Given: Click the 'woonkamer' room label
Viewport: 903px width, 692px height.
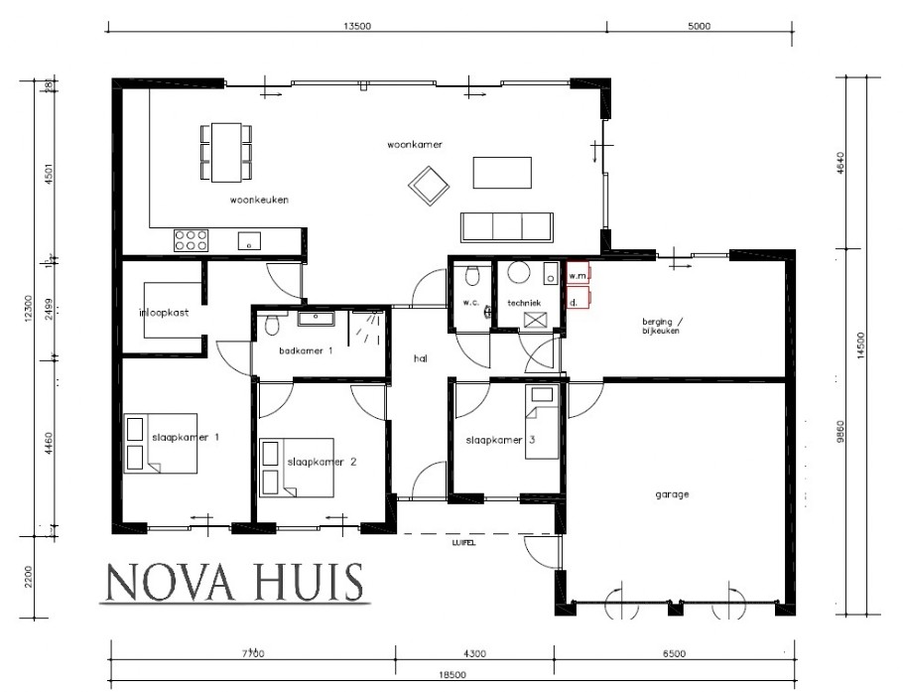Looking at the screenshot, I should tap(414, 145).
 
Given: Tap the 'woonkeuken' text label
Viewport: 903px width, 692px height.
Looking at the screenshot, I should tap(259, 200).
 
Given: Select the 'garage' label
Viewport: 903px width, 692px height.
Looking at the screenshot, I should tap(671, 493).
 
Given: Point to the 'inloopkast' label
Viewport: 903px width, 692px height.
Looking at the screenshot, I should tap(165, 313).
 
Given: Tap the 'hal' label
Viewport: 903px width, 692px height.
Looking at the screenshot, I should tap(420, 360).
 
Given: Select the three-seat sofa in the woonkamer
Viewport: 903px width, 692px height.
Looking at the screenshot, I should tap(507, 227).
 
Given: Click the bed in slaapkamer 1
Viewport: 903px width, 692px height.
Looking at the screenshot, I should tap(160, 442).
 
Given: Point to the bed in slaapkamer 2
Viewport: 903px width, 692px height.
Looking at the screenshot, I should tap(296, 467).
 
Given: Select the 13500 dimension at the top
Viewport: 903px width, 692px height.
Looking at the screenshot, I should tap(356, 27).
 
